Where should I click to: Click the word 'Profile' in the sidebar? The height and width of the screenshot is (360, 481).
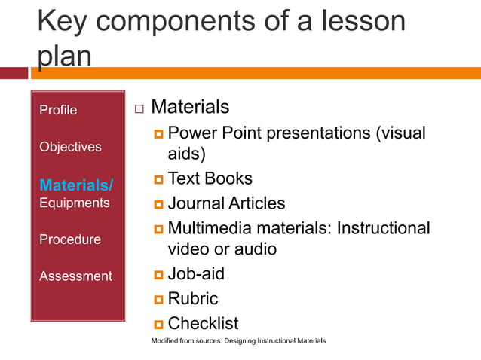58,110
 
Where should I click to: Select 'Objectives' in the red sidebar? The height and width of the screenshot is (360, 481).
70,147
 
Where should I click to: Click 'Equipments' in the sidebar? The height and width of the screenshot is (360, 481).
74,203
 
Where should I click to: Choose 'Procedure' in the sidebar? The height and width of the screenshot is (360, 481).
69,239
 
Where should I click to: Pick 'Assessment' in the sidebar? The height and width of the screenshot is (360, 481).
75,276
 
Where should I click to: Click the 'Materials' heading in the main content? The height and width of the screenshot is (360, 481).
190,107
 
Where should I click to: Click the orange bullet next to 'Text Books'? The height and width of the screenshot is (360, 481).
158,180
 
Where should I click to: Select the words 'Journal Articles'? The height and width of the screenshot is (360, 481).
226,203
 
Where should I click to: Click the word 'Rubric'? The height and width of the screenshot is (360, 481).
192,299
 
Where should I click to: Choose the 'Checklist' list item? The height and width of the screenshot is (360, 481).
203,323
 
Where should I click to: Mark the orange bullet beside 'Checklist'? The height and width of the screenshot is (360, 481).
158,325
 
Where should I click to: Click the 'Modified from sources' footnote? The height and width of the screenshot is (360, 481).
238,341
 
